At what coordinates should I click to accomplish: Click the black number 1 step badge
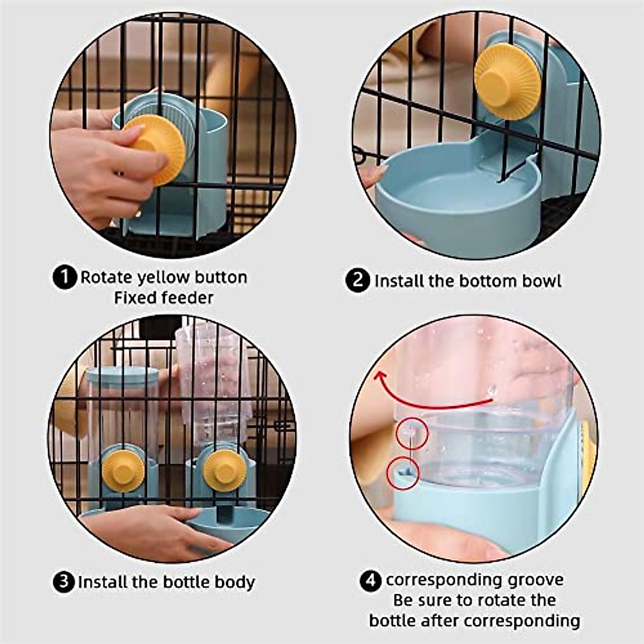pyautogui.click(x=65, y=277)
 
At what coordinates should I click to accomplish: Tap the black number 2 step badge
pyautogui.click(x=357, y=281)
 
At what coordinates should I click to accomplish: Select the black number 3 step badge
pyautogui.click(x=64, y=582)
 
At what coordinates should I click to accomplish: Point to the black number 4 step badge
pyautogui.click(x=370, y=581)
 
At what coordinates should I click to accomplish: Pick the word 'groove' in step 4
pyautogui.click(x=535, y=580)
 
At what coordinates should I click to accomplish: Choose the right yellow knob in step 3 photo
pyautogui.click(x=225, y=471)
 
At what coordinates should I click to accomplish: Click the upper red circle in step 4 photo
pyautogui.click(x=412, y=434)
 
